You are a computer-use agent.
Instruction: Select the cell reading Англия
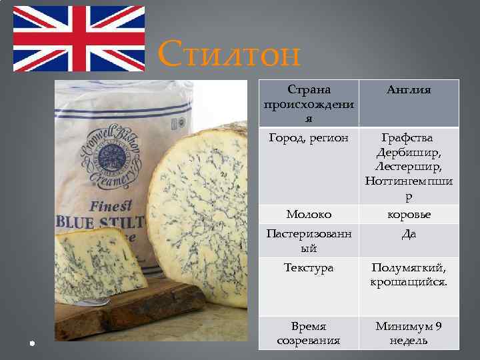pyautogui.click(x=409, y=90)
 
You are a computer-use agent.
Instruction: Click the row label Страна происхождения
pyautogui.click(x=308, y=103)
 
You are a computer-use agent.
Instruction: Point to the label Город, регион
pyautogui.click(x=308, y=138)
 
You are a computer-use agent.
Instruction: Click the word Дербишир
pyautogui.click(x=409, y=152)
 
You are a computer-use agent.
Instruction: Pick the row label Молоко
pyautogui.click(x=308, y=214)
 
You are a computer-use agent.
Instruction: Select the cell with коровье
pyautogui.click(x=409, y=214)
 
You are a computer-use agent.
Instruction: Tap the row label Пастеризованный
pyautogui.click(x=308, y=241)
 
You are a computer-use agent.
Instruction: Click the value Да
pyautogui.click(x=409, y=234)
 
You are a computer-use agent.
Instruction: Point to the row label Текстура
pyautogui.click(x=308, y=268)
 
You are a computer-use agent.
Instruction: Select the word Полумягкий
pyautogui.click(x=409, y=268)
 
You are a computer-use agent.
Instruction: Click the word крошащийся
pyautogui.click(x=409, y=282)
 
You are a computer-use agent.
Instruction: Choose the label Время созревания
pyautogui.click(x=308, y=333)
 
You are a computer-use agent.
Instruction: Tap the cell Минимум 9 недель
pyautogui.click(x=409, y=333)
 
